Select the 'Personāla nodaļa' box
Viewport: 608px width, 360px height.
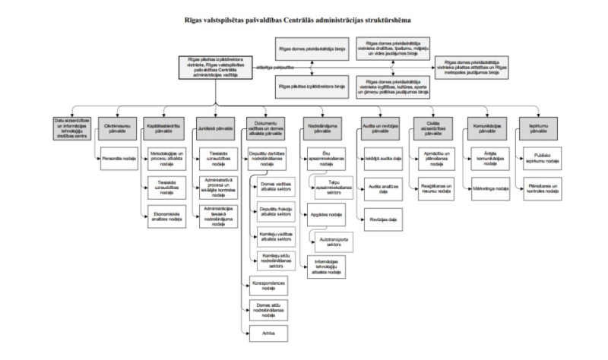click(116, 158)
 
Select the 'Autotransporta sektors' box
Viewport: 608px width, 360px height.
click(329, 243)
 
